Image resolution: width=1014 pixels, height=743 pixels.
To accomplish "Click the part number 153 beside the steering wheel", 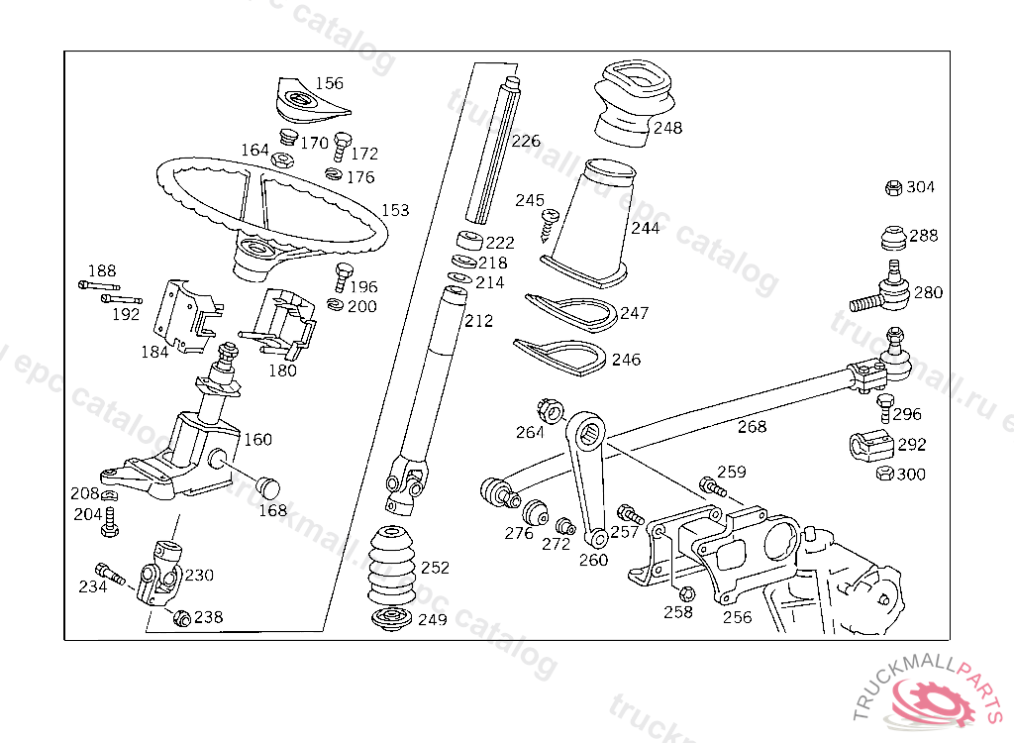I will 395,210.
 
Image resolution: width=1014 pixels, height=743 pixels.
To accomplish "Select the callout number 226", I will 526,141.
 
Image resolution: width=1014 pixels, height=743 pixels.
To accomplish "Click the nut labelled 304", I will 892,187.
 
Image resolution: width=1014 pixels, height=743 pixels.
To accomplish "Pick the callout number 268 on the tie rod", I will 752,427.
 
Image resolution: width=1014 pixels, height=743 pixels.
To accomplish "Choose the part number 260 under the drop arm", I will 593,561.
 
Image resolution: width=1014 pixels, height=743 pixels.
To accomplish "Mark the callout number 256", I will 737,617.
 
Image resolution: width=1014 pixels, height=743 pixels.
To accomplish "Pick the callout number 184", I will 153,352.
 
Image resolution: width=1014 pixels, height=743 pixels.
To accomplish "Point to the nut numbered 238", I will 181,617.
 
